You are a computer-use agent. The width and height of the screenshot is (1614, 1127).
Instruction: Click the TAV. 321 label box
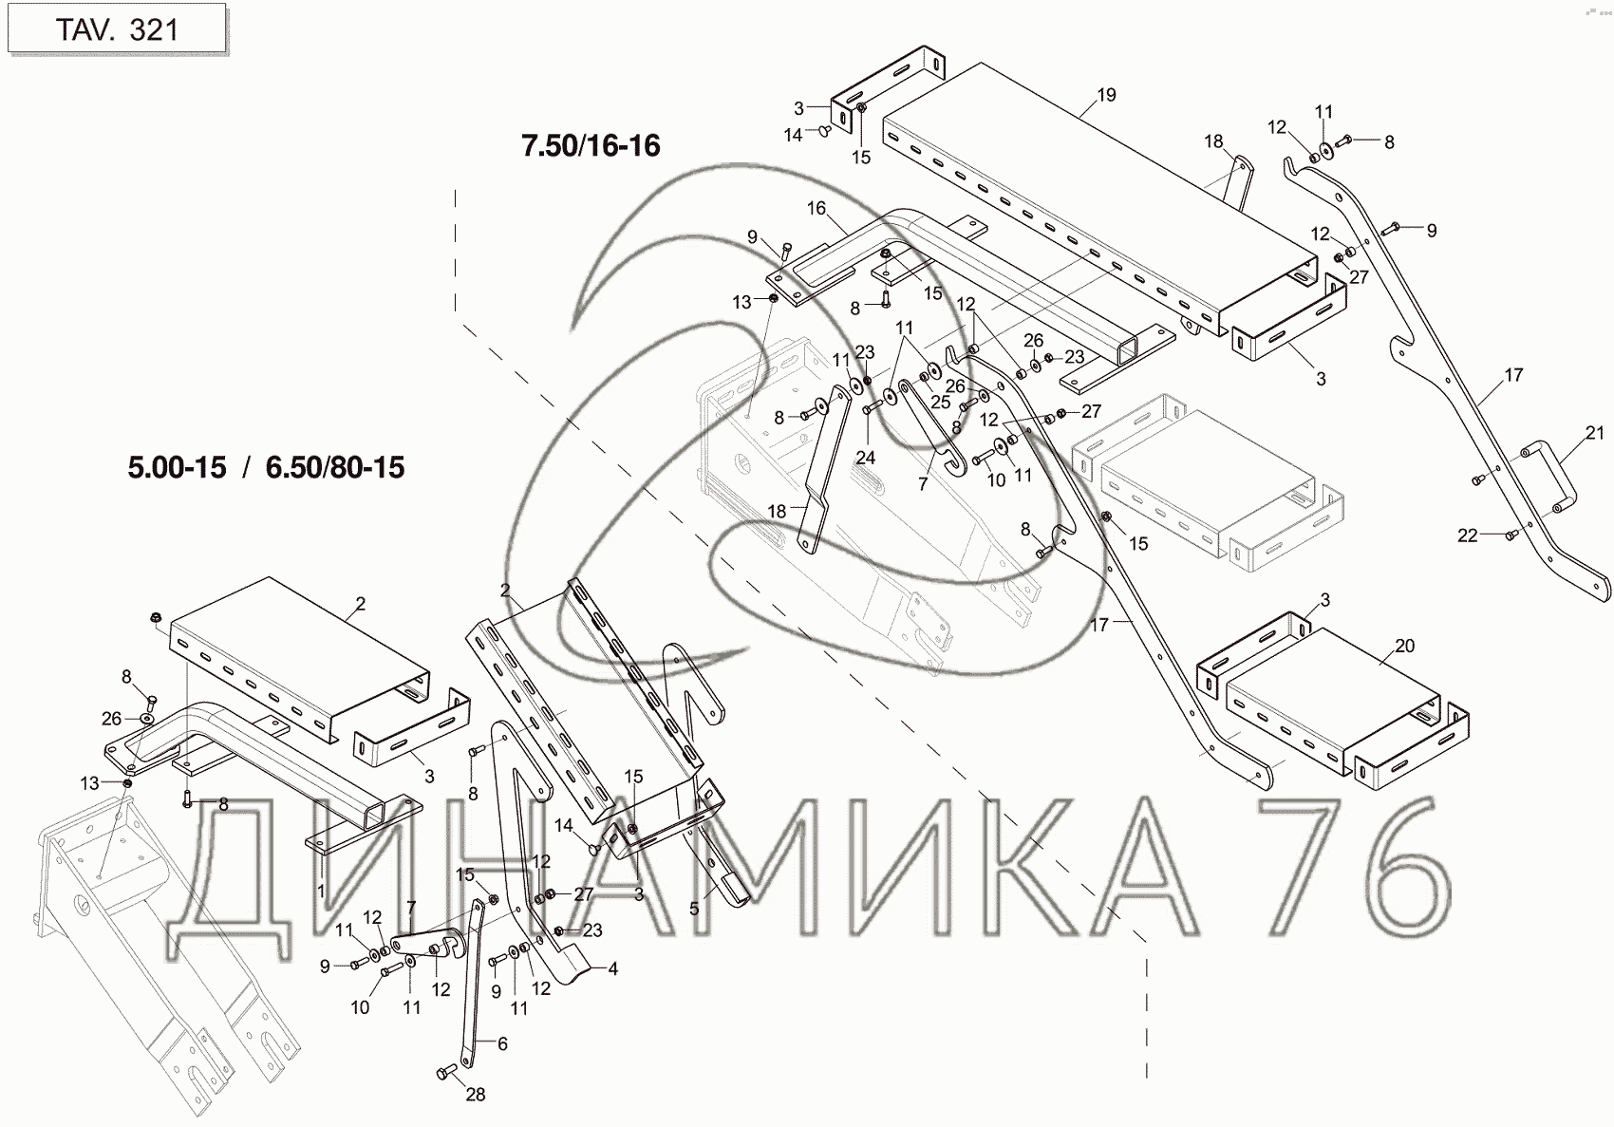[116, 29]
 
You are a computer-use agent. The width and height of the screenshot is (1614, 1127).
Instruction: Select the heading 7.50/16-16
[591, 146]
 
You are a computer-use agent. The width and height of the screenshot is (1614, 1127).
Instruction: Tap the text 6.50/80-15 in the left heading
[335, 468]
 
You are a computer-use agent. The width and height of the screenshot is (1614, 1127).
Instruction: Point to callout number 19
[1106, 95]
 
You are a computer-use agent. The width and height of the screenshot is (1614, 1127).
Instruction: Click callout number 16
[816, 209]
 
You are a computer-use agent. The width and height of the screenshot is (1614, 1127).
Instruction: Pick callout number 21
[1593, 433]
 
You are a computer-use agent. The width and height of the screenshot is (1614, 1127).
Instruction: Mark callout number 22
[1467, 535]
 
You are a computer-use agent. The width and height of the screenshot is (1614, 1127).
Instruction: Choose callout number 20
[1404, 646]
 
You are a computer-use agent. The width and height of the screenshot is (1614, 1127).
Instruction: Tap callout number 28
[476, 1094]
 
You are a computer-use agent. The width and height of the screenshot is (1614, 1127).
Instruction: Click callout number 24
[865, 457]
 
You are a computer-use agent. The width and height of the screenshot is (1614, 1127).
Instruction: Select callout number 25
[940, 402]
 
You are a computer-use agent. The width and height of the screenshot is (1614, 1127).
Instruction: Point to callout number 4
[613, 968]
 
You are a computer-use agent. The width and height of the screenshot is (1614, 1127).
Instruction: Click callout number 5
[694, 909]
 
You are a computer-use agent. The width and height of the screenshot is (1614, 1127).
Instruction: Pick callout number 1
[321, 892]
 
